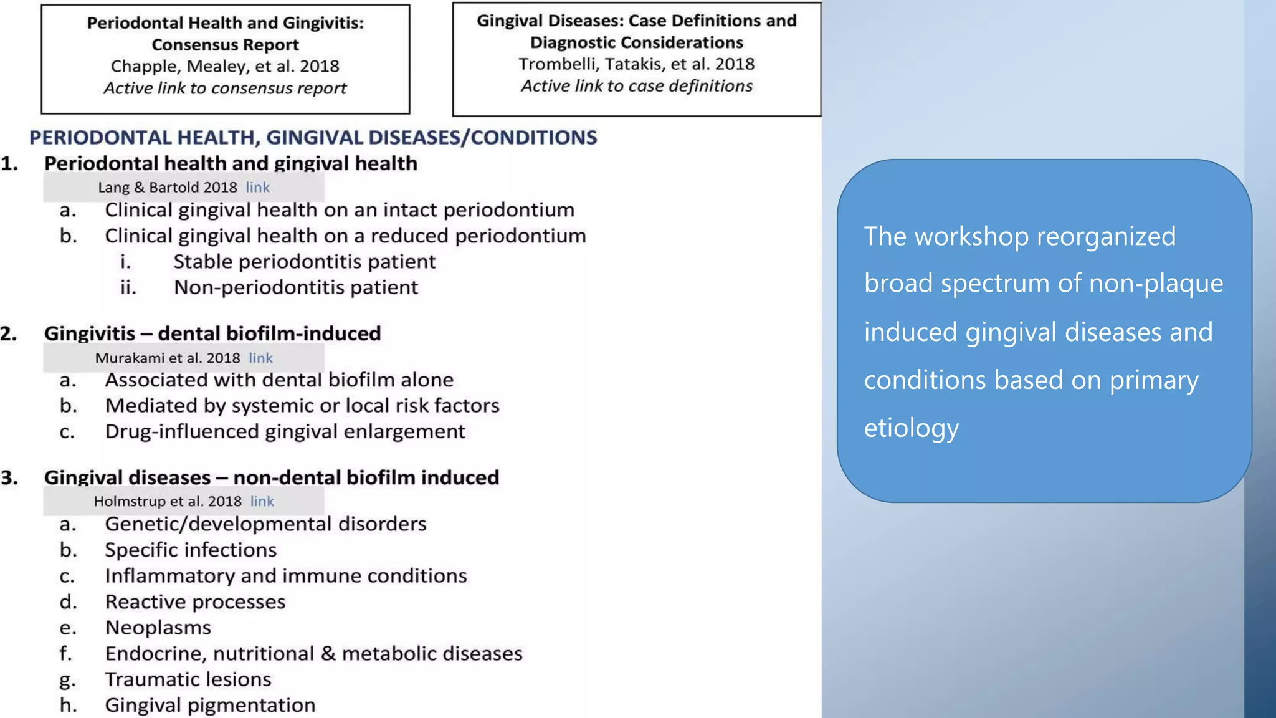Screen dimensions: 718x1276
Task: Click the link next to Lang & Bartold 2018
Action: tap(257, 188)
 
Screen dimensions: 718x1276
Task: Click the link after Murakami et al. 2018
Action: tap(260, 358)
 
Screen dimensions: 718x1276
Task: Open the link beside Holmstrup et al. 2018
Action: tap(262, 502)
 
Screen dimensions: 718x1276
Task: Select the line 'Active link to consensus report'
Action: tap(225, 89)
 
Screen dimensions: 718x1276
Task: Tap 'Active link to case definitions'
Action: tap(636, 86)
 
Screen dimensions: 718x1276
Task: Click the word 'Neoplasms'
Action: tap(158, 628)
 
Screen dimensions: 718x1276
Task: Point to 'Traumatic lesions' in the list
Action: tap(188, 679)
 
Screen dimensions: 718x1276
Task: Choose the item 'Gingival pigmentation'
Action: tap(210, 706)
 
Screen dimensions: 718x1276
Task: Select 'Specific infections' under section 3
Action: tap(191, 550)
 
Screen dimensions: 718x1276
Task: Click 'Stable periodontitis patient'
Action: tap(304, 262)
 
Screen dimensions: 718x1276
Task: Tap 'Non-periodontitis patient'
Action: tap(296, 288)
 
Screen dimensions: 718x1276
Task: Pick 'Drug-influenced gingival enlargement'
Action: tap(285, 432)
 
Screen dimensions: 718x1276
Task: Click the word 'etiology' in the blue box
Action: tap(911, 429)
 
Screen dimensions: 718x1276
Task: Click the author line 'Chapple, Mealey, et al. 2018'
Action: tap(225, 67)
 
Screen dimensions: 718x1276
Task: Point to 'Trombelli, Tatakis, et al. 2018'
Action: tap(636, 64)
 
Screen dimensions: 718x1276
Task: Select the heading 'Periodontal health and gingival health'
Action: tap(231, 164)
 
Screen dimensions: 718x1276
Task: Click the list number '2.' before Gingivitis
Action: tap(9, 334)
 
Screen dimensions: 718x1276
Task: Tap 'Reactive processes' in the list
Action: tap(195, 602)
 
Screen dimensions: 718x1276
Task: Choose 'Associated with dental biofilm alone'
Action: tap(279, 380)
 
